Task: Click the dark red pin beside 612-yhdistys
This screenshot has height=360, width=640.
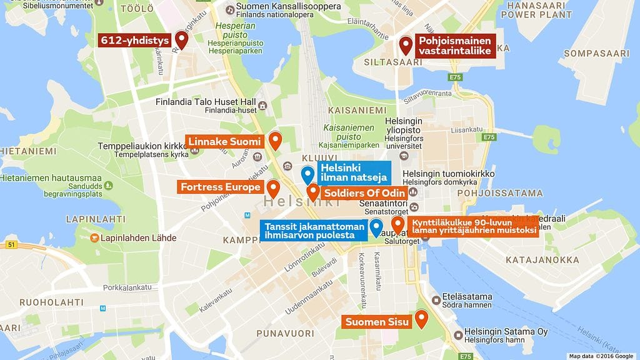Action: click(x=181, y=39)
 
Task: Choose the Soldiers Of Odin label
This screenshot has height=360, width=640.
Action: click(x=365, y=193)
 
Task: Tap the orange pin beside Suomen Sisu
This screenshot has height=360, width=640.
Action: click(x=422, y=319)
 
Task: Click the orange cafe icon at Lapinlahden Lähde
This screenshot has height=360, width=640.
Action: click(x=94, y=238)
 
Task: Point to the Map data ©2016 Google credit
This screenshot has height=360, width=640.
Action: click(x=601, y=356)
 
